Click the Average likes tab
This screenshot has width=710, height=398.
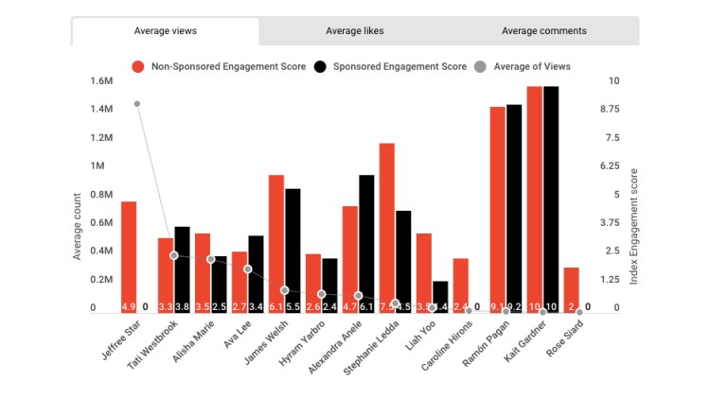tap(355, 31)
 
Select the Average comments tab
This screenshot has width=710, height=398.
tap(543, 31)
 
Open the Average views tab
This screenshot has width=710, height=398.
tap(166, 31)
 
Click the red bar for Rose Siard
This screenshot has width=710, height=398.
tap(571, 289)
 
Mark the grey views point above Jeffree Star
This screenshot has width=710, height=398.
tap(137, 104)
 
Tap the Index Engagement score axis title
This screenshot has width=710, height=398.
tap(633, 227)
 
